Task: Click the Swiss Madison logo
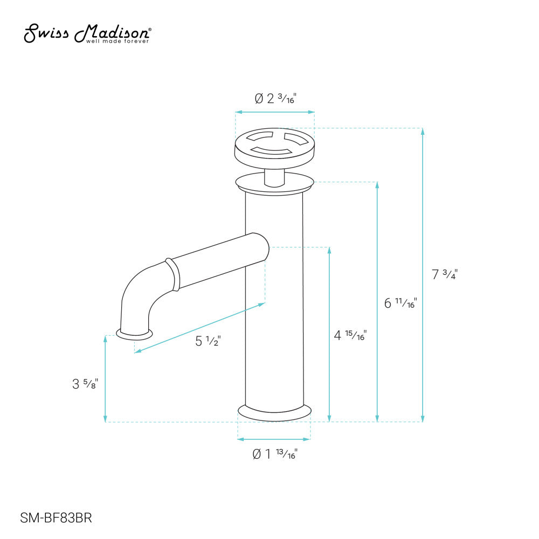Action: click(x=87, y=33)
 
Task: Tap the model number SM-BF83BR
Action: click(x=56, y=517)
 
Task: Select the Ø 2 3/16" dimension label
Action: click(x=275, y=99)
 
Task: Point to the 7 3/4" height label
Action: click(x=445, y=274)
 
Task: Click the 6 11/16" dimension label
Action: click(x=400, y=303)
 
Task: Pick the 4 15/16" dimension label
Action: click(x=350, y=335)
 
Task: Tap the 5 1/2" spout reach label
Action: click(x=208, y=341)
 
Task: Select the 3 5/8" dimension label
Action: click(x=85, y=384)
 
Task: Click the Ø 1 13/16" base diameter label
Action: click(x=275, y=454)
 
